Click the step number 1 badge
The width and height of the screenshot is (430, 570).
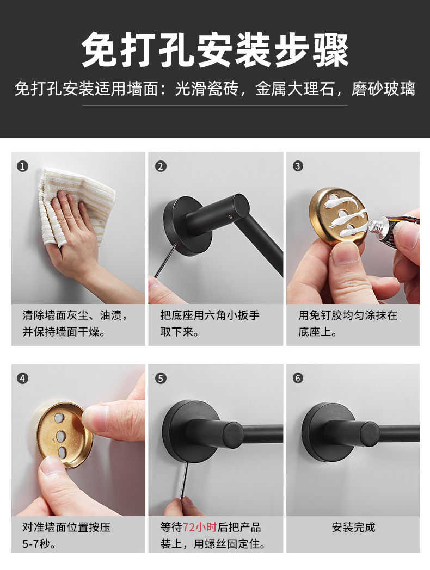point(22,166)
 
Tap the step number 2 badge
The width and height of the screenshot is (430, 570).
point(161,166)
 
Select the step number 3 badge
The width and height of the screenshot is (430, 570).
point(298,166)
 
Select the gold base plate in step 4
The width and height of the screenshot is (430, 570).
point(63,433)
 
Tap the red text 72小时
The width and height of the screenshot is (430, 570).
point(199,527)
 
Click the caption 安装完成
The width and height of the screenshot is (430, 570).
point(353,527)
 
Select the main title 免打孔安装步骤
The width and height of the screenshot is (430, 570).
point(214,50)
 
